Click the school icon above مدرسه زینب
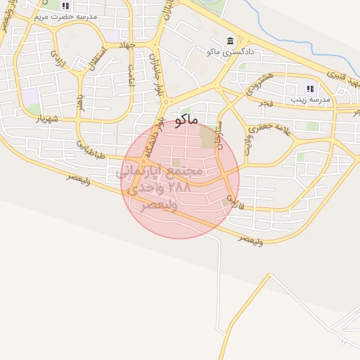[309, 89]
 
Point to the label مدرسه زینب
[309, 101]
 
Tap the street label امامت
[130, 75]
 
